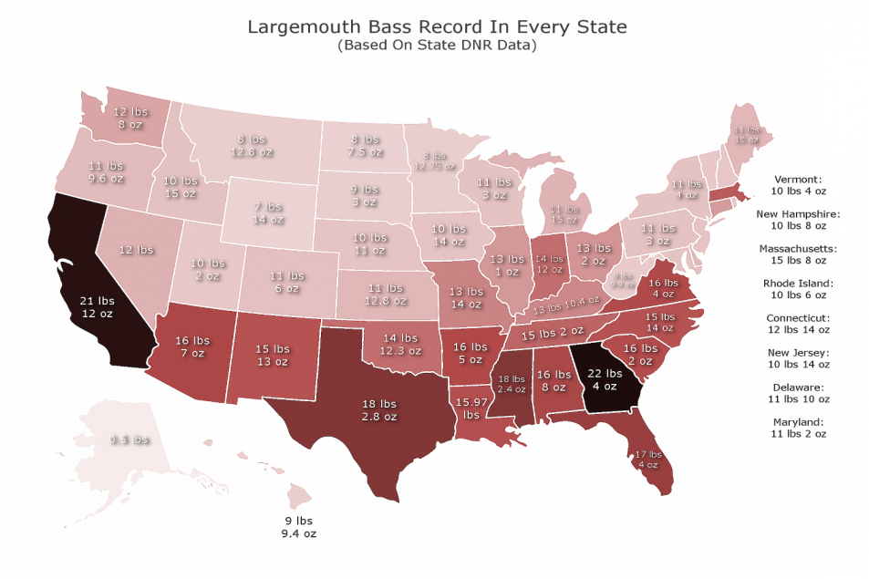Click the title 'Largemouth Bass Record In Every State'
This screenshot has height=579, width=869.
coord(437,26)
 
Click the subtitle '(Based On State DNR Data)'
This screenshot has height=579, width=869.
coord(436,45)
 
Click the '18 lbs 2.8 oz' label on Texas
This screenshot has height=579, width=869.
coord(380,409)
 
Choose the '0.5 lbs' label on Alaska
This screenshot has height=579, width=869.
coord(129,439)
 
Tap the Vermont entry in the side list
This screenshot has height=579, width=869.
coord(798,186)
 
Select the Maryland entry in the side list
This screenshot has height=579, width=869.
coord(798,429)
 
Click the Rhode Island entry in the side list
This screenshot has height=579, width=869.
coord(798,290)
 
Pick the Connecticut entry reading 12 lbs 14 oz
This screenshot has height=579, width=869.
coord(798,325)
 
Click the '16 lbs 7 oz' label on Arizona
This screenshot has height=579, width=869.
coord(191,346)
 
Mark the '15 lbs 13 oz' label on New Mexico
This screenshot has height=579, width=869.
coord(274,356)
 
